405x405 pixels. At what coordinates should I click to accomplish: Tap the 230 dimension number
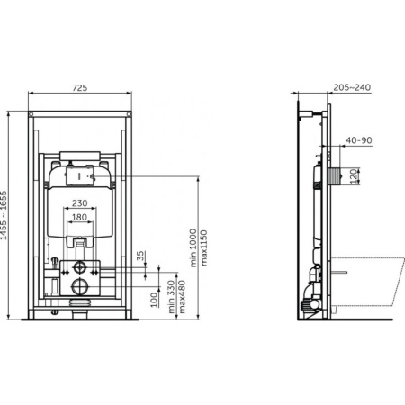click(x=79, y=202)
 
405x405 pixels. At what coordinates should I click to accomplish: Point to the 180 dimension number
click(x=79, y=217)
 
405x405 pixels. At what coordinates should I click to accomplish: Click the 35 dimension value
click(x=140, y=257)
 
